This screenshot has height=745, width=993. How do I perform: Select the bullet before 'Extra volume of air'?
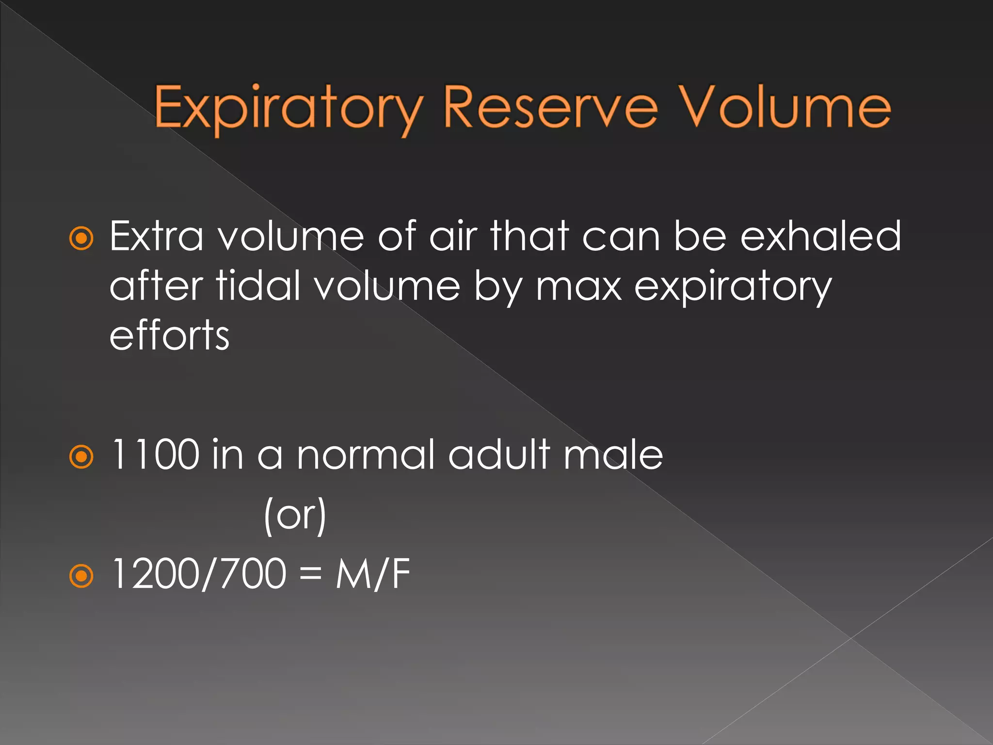point(81,239)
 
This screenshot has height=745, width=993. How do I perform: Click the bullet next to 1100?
point(81,457)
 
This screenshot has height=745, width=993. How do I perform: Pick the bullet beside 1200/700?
point(81,576)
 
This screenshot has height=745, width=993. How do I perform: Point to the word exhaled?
point(821,236)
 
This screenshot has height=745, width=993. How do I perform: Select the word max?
point(578,287)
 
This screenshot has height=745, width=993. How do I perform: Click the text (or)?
point(295,516)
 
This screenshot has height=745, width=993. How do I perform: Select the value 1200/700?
point(199,574)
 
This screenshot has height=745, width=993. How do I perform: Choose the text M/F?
point(373,574)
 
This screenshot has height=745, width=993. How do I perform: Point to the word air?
point(453,236)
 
